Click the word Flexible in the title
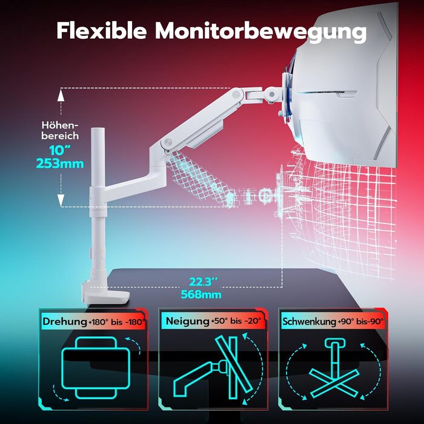[101, 30]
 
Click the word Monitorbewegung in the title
[260, 32]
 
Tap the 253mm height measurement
[60, 164]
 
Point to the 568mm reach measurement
[201, 294]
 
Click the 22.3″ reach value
[204, 282]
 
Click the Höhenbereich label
[60, 130]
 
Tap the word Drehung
[65, 322]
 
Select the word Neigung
[188, 321]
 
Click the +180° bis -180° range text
[117, 322]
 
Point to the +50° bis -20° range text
[236, 321]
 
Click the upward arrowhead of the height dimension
[61, 95]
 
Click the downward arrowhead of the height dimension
[61, 200]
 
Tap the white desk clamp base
[105, 297]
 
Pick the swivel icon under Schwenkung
[334, 371]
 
